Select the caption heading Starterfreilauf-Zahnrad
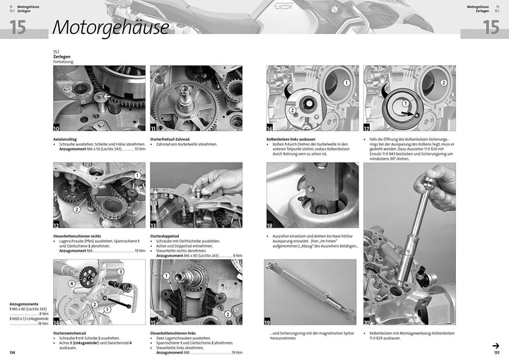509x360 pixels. point(177,139)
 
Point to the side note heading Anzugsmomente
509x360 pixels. point(24,304)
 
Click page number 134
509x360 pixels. point(12,352)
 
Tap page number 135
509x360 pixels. point(496,352)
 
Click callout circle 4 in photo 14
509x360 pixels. point(72,284)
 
